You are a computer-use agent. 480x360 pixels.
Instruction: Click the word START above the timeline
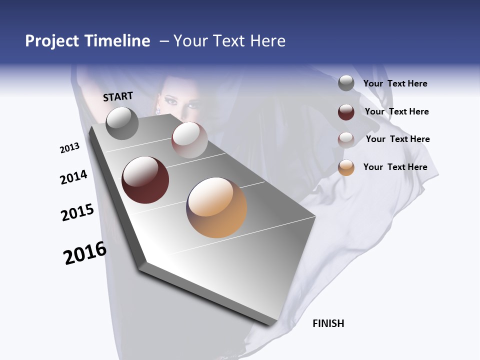click(118, 96)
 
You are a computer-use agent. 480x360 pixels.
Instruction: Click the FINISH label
click(328, 323)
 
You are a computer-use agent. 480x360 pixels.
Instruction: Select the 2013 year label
click(70, 148)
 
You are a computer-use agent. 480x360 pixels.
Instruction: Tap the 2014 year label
click(74, 177)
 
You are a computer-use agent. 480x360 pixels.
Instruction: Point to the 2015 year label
click(77, 212)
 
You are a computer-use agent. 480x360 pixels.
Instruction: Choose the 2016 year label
click(85, 253)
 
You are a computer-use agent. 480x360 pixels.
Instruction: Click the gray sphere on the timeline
click(122, 123)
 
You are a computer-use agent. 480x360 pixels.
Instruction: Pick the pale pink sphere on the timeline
click(189, 140)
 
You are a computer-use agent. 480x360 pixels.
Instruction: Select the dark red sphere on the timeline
click(145, 180)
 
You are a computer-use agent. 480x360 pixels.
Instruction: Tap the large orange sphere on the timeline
click(217, 207)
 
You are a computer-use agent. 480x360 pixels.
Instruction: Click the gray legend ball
click(346, 83)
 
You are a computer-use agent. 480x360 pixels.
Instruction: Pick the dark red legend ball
click(346, 112)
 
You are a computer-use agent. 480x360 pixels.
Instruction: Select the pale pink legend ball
click(346, 139)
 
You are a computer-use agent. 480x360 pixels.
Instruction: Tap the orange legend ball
click(346, 167)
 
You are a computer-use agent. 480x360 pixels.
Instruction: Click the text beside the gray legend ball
click(395, 84)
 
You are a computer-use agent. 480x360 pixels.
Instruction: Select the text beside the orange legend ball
click(395, 167)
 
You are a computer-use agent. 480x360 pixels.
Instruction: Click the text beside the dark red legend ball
click(396, 111)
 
